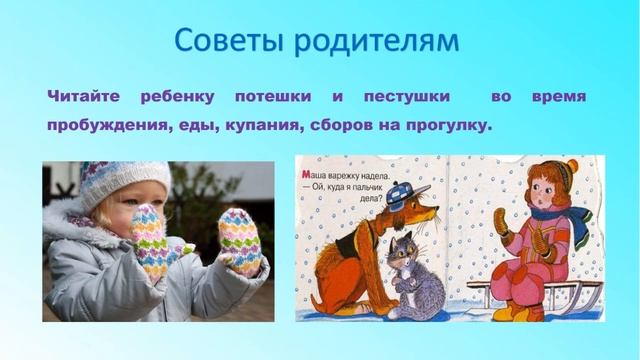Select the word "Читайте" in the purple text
pyautogui.click(x=84, y=96)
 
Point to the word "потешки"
pyautogui.click(x=273, y=97)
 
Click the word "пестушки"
pyautogui.click(x=407, y=97)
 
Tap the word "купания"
pyautogui.click(x=264, y=125)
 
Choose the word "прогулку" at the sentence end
pyautogui.click(x=446, y=125)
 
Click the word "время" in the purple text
pyautogui.click(x=559, y=97)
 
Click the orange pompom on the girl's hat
pyautogui.click(x=572, y=166)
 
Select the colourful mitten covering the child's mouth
pyautogui.click(x=148, y=240)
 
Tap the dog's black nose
pyautogui.click(x=437, y=209)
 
